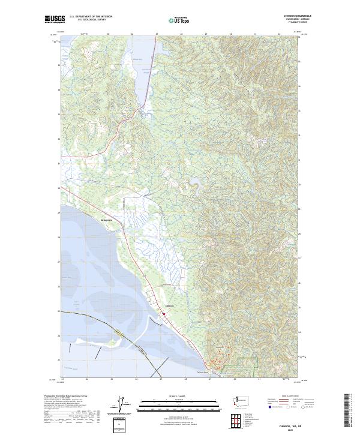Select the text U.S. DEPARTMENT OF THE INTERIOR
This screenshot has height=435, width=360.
tap(91, 17)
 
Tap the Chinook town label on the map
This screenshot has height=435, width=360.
tap(169, 306)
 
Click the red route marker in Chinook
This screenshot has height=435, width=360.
tap(164, 312)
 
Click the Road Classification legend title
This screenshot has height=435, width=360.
tap(288, 396)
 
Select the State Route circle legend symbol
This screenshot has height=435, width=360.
tap(303, 407)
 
